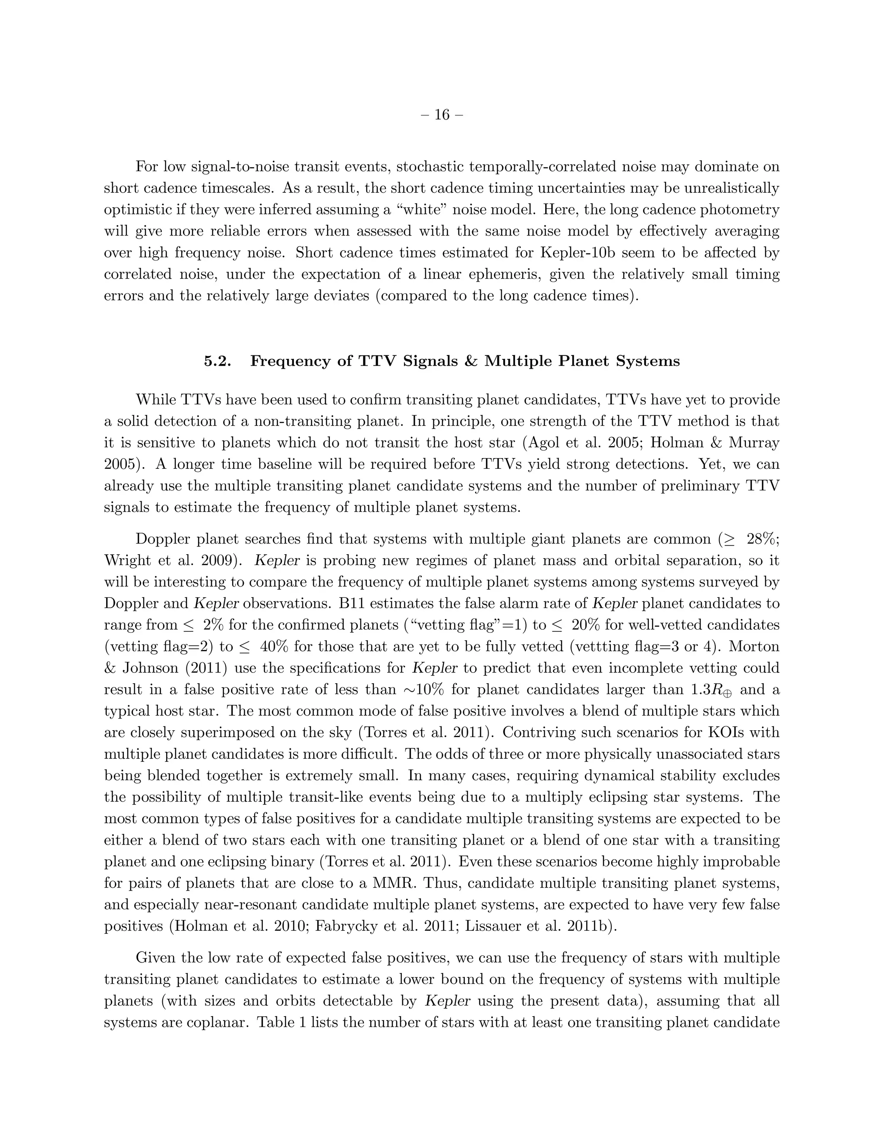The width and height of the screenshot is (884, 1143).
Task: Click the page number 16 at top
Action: click(442, 115)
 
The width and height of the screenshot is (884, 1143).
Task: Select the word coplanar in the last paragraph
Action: click(209, 1022)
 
